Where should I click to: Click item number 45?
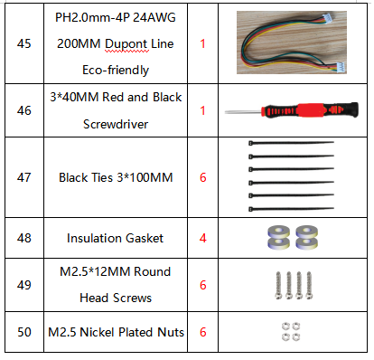tap(24, 43)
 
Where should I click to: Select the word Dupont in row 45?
tap(126, 44)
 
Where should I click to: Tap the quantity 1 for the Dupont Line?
tap(202, 43)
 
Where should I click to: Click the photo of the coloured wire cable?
tap(292, 43)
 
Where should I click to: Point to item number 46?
tap(24, 110)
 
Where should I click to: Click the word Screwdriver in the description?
tap(116, 124)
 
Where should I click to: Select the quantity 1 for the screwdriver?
tap(202, 110)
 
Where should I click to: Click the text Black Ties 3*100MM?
tap(116, 177)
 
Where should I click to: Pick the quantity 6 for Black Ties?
tap(203, 177)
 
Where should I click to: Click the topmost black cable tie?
tap(291, 143)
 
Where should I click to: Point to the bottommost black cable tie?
tap(291, 209)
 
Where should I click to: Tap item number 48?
tap(24, 238)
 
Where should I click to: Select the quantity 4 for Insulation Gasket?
tap(203, 238)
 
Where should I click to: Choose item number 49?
tap(24, 285)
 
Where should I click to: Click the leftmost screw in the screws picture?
tap(278, 285)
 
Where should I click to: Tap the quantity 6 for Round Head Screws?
tap(203, 285)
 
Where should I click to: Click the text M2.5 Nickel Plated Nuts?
tap(116, 332)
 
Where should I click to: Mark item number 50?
tap(24, 332)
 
